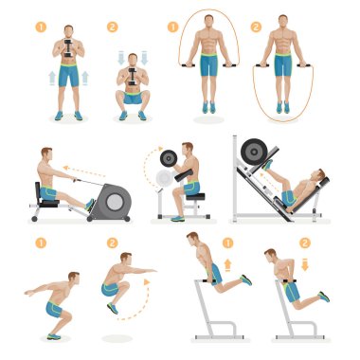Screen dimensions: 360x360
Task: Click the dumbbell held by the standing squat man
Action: tap(68, 47)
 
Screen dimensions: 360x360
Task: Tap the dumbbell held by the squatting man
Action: tap(133, 76)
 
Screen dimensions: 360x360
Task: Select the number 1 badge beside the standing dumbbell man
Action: tap(41, 27)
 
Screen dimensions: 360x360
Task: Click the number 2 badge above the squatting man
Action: tap(113, 27)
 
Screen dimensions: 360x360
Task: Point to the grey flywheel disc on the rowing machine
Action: tap(114, 202)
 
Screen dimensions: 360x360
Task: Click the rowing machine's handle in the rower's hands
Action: tap(76, 181)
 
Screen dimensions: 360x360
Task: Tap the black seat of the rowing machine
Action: tap(48, 203)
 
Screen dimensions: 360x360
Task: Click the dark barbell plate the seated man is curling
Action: tap(169, 158)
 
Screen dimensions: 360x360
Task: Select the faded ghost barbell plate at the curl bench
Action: tap(164, 178)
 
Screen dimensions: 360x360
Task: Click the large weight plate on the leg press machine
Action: tap(254, 153)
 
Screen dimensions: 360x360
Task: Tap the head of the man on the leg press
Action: tap(318, 175)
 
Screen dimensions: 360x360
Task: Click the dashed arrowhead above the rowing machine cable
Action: tap(65, 168)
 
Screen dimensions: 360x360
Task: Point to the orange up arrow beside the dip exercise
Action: tap(227, 265)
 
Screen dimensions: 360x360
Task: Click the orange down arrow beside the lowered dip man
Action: tap(305, 264)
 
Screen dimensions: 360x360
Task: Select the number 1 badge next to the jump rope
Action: tap(172, 27)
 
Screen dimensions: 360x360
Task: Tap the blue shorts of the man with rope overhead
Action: tap(208, 64)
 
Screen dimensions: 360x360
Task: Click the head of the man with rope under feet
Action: tap(282, 22)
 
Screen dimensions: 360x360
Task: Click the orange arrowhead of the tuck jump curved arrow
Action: tap(147, 282)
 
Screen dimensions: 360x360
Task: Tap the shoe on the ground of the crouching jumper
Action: tap(54, 336)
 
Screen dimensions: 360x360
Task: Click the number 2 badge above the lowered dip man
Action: tap(305, 243)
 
